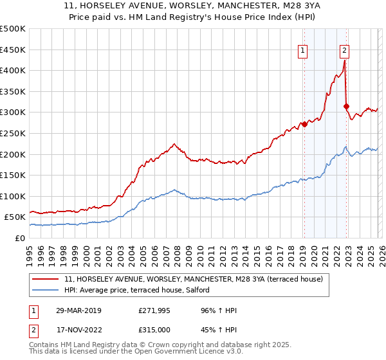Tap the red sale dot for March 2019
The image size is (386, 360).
pos(304,124)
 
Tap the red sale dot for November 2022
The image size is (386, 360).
pos(346,106)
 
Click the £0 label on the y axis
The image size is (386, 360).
pos(21,238)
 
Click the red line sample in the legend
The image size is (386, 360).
pos(46,279)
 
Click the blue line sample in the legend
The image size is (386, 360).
pos(46,291)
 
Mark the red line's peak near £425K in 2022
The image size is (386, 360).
pos(345,61)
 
